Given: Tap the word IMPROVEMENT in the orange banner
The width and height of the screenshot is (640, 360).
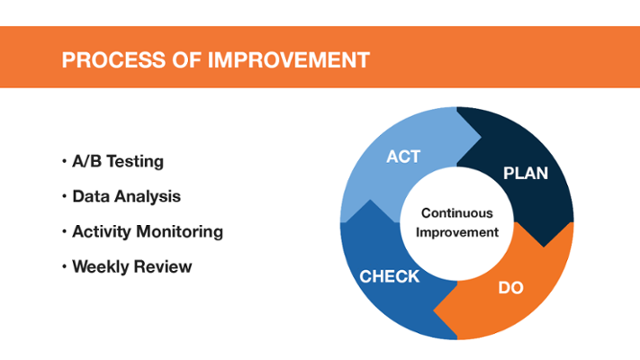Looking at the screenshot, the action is [x=289, y=60].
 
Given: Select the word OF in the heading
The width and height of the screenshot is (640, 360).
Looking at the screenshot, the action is [x=186, y=60].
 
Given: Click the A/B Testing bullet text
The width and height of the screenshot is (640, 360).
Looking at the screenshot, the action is [x=118, y=162].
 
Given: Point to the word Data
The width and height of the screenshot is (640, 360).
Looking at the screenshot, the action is [x=91, y=196].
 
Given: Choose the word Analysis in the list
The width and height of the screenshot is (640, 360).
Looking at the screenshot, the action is [x=148, y=197].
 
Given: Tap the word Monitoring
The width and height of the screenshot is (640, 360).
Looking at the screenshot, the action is [x=180, y=232].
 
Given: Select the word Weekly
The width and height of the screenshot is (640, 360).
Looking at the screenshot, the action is [x=101, y=267].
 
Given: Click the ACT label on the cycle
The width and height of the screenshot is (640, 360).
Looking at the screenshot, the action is [x=403, y=157].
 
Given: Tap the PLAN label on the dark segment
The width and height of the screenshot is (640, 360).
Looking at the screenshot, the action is [x=526, y=174].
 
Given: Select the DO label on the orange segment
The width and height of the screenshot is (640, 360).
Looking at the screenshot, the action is [x=510, y=288].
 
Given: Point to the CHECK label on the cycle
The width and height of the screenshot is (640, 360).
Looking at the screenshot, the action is [x=389, y=276].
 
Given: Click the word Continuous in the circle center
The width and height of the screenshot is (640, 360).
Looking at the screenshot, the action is [x=456, y=213].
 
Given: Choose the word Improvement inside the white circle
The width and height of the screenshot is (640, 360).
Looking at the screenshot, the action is [x=456, y=233].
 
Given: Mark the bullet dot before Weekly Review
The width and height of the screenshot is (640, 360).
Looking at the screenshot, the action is [x=64, y=267].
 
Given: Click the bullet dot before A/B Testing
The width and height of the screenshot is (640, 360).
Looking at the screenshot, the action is [x=64, y=161].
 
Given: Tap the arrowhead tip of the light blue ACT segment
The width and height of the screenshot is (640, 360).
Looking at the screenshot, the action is [x=482, y=138].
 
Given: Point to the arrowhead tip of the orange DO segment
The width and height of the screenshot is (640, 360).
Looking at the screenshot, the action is [x=433, y=311].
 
